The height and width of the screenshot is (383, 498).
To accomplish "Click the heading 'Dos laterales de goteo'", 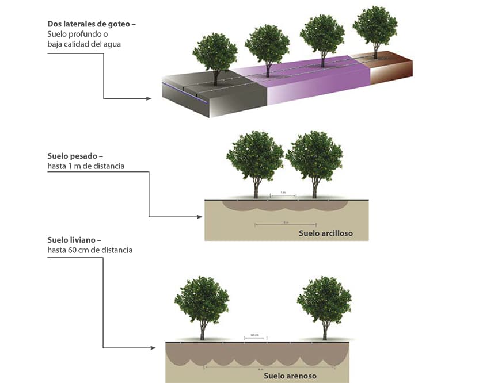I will pyautogui.click(x=93, y=25).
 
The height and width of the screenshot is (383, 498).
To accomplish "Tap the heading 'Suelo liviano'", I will pyautogui.click(x=75, y=240).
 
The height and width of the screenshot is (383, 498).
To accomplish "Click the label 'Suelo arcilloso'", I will pyautogui.click(x=325, y=233).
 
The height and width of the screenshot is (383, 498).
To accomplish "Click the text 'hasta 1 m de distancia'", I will pyautogui.click(x=86, y=166).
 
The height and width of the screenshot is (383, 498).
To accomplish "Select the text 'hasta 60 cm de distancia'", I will pyautogui.click(x=90, y=250).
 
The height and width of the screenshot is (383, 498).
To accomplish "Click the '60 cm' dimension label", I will pyautogui.click(x=254, y=335).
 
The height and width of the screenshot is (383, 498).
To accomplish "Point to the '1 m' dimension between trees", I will pyautogui.click(x=283, y=193).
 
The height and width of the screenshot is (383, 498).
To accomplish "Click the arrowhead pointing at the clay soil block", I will pyautogui.click(x=200, y=217).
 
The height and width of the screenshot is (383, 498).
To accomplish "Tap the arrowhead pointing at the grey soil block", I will pyautogui.click(x=149, y=99).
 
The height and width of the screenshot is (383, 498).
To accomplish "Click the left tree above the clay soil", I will pyautogui.click(x=255, y=158).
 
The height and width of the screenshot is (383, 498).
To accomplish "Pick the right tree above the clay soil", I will pyautogui.click(x=314, y=158).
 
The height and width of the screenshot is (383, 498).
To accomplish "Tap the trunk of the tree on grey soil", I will pyautogui.click(x=216, y=78).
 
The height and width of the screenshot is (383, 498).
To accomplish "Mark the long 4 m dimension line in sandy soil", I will pyautogui.click(x=261, y=366).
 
